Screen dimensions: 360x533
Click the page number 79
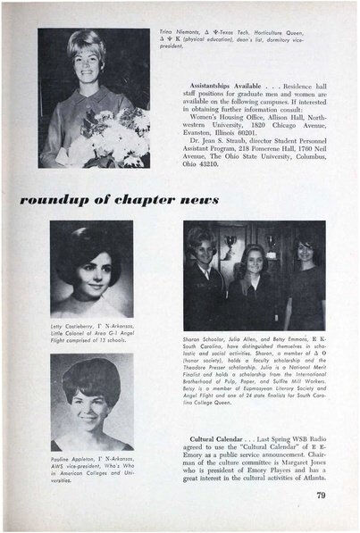point(320,494)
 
